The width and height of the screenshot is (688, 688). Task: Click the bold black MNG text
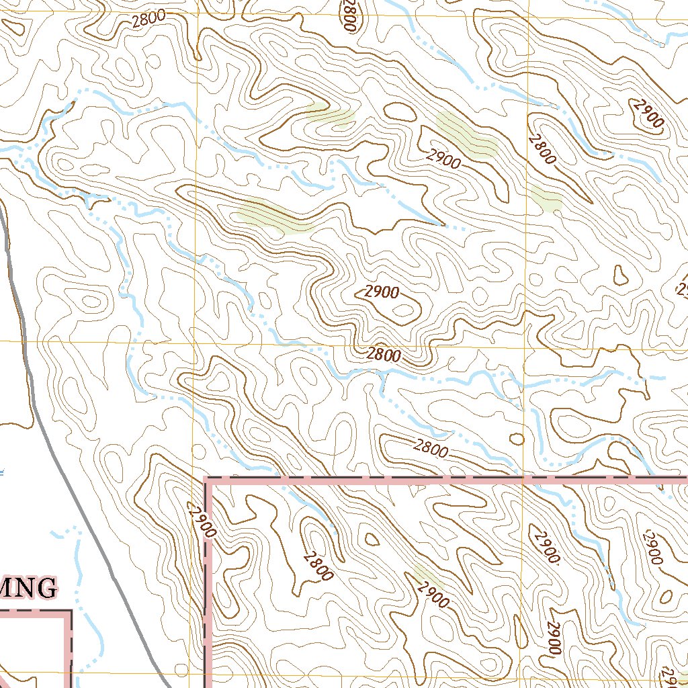click(27, 588)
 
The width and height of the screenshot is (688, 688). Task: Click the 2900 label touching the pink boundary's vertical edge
click(203, 521)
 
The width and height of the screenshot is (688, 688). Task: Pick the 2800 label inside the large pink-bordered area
click(318, 566)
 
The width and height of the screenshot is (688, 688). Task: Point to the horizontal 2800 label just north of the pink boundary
click(431, 448)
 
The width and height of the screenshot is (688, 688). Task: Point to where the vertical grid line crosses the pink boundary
click(523, 480)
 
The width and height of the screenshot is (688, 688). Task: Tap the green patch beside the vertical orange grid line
click(546, 200)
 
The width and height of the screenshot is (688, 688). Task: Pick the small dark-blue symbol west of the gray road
click(2, 472)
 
